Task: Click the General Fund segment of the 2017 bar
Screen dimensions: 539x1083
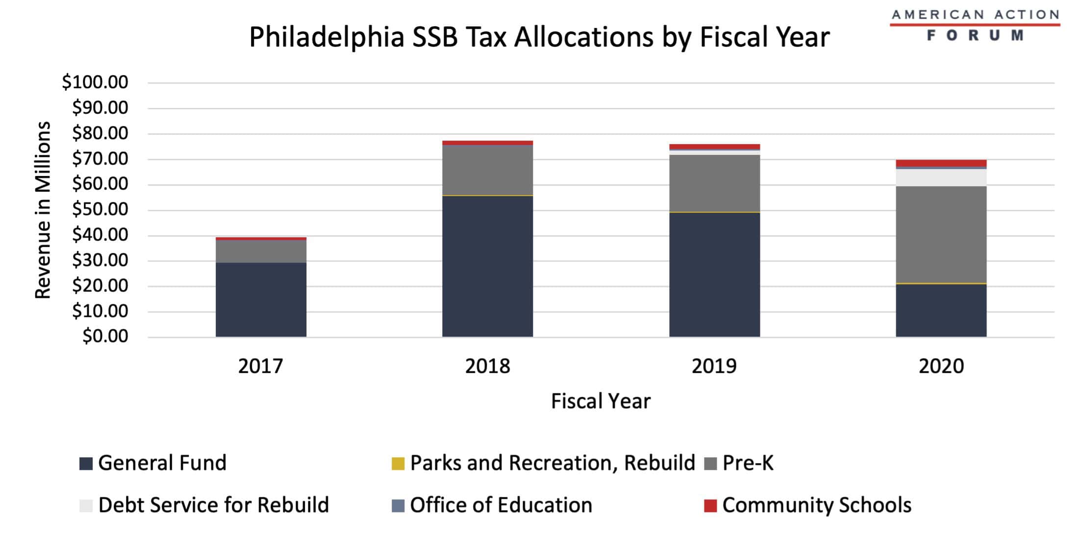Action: point(261,299)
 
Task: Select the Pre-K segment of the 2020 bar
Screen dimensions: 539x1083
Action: point(941,234)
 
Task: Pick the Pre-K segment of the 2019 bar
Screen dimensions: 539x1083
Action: point(714,183)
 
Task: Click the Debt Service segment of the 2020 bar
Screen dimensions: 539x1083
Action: point(941,177)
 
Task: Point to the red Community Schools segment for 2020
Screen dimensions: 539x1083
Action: point(941,163)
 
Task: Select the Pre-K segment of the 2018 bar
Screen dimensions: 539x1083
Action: point(487,170)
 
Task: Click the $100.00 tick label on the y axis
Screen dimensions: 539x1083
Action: point(95,82)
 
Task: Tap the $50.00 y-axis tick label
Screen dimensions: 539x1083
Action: point(100,209)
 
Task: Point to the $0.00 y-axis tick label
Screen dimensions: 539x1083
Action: point(105,336)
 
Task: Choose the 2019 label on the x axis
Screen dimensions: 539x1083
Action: point(714,366)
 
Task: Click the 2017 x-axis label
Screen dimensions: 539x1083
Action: point(260,366)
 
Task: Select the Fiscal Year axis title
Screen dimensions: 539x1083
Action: point(601,401)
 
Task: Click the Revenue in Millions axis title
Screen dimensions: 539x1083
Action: point(43,210)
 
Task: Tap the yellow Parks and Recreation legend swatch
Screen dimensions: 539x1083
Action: point(398,463)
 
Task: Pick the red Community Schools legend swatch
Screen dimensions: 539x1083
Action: point(710,505)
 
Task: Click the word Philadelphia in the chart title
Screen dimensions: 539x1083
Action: point(327,37)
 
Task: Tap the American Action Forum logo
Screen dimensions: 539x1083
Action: point(975,25)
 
